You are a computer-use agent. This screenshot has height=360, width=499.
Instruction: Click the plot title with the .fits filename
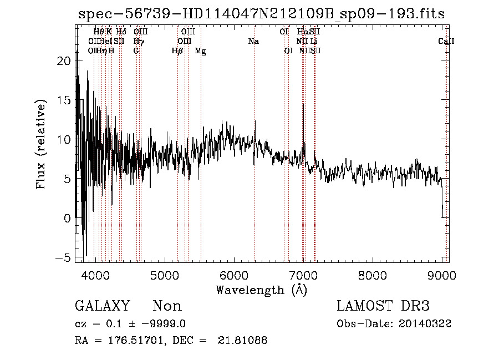(261, 14)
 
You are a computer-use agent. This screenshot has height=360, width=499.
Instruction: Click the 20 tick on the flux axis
(65, 61)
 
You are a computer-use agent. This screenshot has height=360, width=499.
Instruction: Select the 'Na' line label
(254, 42)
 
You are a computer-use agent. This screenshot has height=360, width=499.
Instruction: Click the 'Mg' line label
(200, 51)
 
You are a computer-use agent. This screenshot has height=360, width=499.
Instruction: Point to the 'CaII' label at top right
(446, 42)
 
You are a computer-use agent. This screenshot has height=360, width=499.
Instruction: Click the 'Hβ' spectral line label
(177, 51)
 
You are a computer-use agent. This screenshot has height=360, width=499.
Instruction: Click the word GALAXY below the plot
(102, 306)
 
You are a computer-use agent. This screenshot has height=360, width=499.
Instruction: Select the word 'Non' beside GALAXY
(167, 306)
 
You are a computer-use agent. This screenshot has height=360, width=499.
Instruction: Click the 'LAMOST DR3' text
(383, 306)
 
